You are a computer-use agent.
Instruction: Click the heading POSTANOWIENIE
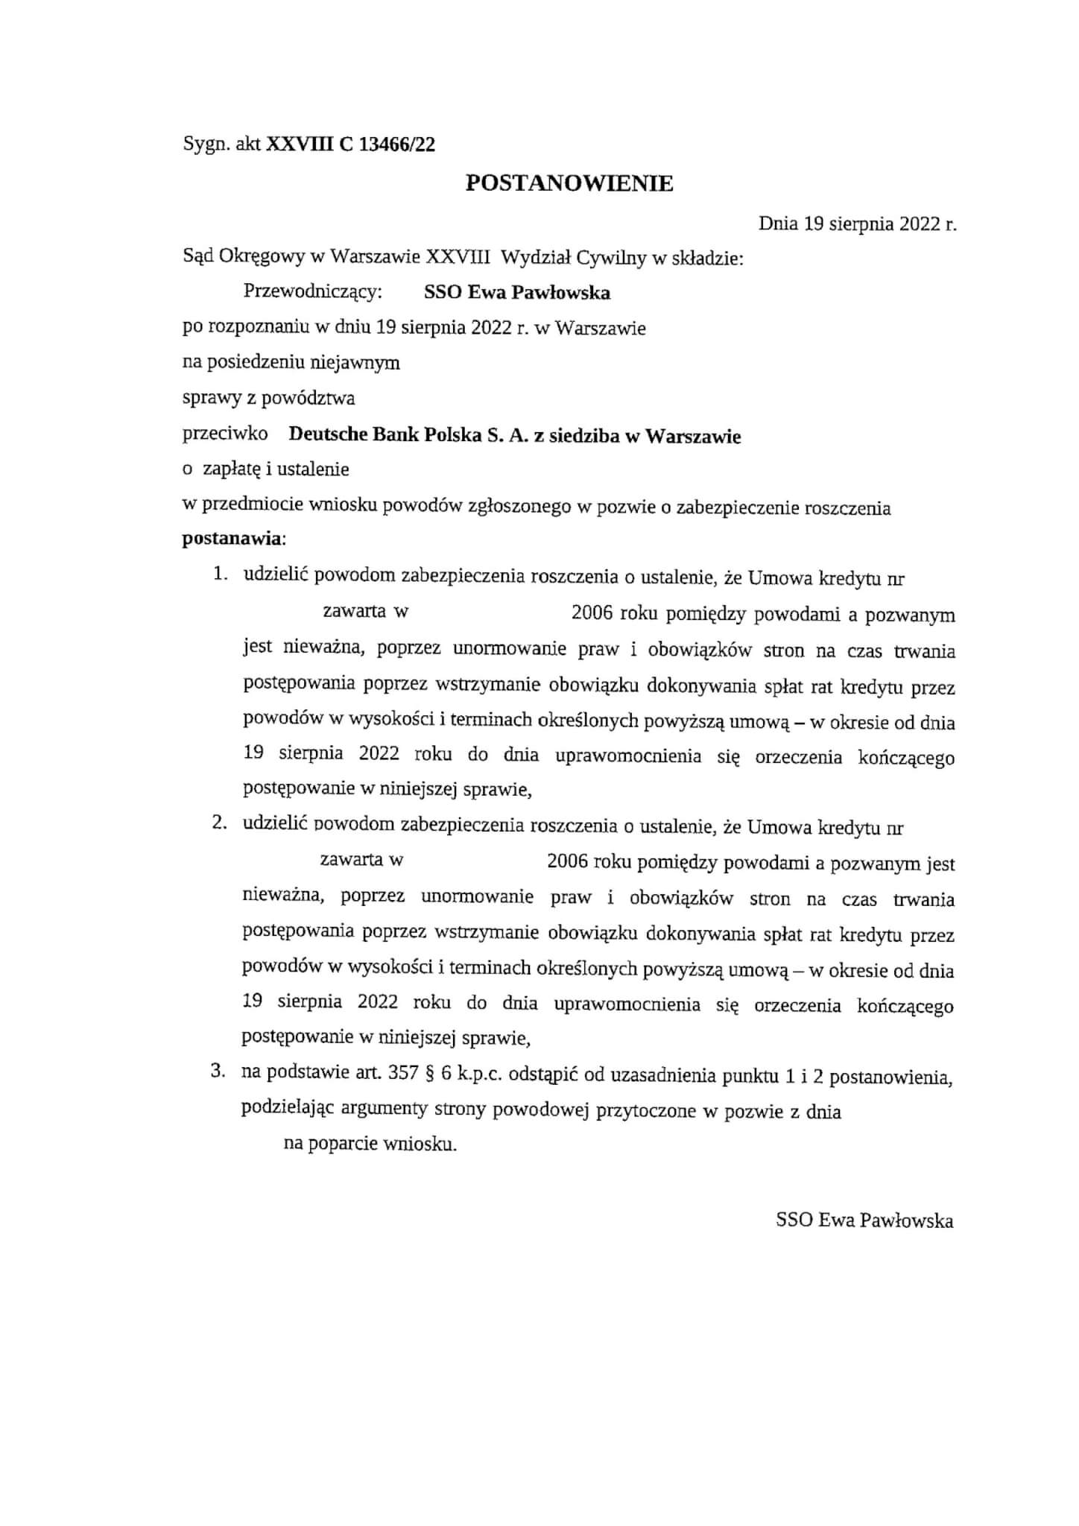click(x=569, y=183)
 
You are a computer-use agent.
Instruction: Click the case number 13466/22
click(x=396, y=145)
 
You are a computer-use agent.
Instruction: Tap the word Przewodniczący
click(x=312, y=292)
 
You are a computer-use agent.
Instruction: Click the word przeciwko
click(x=225, y=434)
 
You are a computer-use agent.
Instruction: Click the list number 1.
click(x=219, y=575)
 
